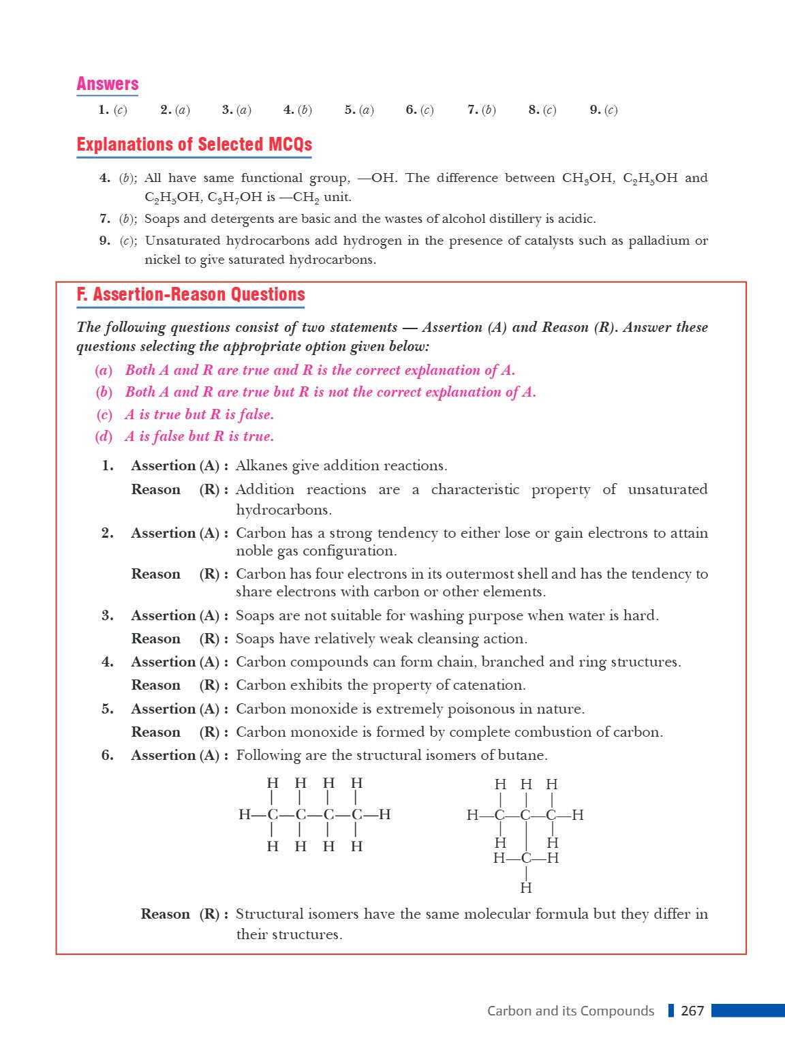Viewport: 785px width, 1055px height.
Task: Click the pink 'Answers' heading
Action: pos(108,84)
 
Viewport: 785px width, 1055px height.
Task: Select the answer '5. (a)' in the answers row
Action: pos(359,110)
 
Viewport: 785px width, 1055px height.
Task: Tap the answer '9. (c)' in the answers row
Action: pos(604,110)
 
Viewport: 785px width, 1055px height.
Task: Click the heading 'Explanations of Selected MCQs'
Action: pos(194,144)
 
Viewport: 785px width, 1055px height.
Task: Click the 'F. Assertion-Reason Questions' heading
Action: pos(191,294)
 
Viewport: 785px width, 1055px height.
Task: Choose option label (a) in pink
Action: pos(104,371)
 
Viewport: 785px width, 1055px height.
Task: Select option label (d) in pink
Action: pos(104,437)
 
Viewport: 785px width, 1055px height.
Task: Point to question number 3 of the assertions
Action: pos(107,615)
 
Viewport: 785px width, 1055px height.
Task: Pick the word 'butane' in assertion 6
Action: pos(525,755)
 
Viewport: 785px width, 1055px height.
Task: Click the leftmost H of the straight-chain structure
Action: pos(245,814)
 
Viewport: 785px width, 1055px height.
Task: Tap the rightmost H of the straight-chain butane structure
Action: pos(384,814)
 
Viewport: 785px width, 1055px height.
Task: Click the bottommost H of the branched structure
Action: pos(526,887)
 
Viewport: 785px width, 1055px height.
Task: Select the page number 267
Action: pos(692,1011)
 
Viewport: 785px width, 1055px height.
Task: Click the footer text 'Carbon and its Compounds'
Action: pos(570,1011)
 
